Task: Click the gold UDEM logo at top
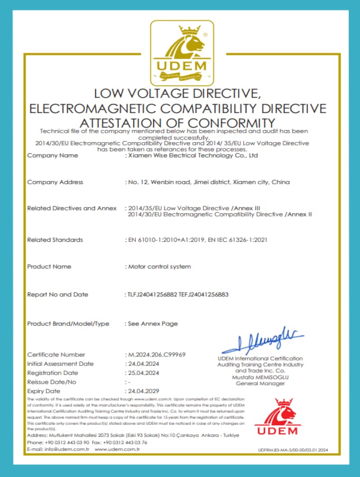180,53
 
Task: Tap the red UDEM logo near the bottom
277,417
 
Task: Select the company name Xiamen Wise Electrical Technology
193,156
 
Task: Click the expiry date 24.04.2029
144,391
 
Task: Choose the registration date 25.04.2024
144,373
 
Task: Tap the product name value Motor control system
160,266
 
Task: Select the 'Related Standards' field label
55,240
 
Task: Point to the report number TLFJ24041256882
152,295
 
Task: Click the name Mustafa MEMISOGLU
260,378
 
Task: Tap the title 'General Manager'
260,383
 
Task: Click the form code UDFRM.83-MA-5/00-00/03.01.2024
294,450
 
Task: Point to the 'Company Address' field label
55,182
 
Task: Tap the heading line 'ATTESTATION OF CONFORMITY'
177,123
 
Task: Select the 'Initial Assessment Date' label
60,364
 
